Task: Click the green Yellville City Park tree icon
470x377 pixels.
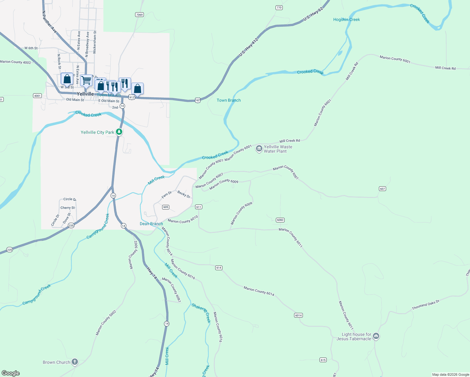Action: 119,132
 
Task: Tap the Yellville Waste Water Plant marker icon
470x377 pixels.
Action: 259,149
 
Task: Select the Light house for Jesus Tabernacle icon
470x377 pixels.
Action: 376,336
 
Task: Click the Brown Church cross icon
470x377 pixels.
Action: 74,362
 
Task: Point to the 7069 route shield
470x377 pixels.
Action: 139,15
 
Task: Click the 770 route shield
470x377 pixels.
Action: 279,8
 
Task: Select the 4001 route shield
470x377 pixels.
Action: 37,96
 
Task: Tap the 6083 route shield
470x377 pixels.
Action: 280,220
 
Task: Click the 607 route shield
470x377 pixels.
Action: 382,189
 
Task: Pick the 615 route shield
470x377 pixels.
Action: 323,360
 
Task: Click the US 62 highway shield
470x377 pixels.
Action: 197,100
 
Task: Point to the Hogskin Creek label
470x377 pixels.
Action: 347,19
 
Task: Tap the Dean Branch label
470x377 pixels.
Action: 151,224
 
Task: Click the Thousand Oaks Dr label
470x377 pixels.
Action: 425,305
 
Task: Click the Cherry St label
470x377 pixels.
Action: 68,208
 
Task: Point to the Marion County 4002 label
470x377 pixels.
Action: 15,62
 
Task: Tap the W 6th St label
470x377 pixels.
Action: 31,48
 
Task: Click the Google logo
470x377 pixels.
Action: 11,373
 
